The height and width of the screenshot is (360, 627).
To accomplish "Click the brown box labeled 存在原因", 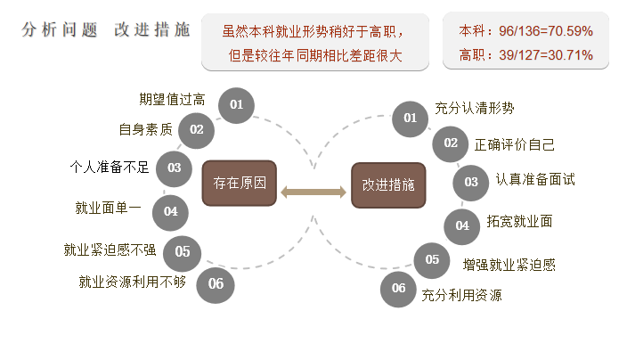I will click(x=240, y=184).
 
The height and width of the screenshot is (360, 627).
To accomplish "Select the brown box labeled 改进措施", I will click(x=388, y=185).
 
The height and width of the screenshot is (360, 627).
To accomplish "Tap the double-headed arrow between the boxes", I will click(x=313, y=192).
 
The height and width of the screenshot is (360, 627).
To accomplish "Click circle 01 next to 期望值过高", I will click(x=237, y=105).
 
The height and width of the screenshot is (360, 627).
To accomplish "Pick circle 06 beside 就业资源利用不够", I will click(x=216, y=284).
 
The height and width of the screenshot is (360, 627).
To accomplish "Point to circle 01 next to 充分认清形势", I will click(x=410, y=118).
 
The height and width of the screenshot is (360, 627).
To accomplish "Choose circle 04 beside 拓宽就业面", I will click(x=462, y=225).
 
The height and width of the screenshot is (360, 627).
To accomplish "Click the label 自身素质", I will click(x=145, y=129).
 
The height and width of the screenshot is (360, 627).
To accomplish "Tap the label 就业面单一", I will click(x=108, y=209).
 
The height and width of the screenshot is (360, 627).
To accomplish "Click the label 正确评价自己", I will click(x=515, y=143).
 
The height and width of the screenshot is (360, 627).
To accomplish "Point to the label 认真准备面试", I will click(x=535, y=179).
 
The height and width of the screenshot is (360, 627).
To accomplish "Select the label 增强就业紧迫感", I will click(x=509, y=265).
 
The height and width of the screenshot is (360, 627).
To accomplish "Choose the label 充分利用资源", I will click(x=461, y=295).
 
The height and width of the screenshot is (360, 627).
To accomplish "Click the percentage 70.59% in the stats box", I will click(x=565, y=30).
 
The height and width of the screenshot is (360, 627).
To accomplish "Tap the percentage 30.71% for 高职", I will click(x=565, y=54).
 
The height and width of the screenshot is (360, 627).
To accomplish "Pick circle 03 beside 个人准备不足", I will click(x=174, y=168).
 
